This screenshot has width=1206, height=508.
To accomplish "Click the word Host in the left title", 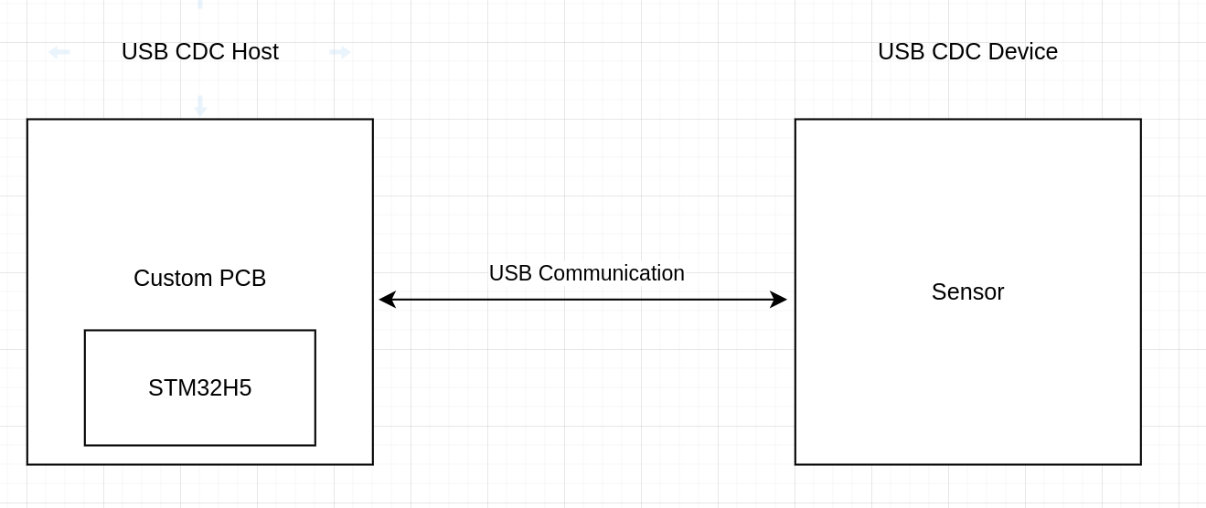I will pyautogui.click(x=255, y=52).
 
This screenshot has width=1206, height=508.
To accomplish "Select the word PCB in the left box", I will pyautogui.click(x=243, y=279).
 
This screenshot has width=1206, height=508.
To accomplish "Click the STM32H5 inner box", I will pyautogui.click(x=200, y=388).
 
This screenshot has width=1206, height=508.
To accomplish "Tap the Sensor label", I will pyautogui.click(x=967, y=292).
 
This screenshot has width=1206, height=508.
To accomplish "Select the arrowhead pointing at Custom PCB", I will pyautogui.click(x=387, y=300).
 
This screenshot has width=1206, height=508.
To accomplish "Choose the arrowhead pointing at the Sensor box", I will pyautogui.click(x=778, y=300).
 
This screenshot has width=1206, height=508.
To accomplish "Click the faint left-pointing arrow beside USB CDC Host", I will pyautogui.click(x=59, y=52).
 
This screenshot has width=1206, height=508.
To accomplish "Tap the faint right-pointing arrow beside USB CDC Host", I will pyautogui.click(x=340, y=52).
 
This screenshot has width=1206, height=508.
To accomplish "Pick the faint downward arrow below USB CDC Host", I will pyautogui.click(x=200, y=106).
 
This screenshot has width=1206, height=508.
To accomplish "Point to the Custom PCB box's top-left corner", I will pyautogui.click(x=27, y=120).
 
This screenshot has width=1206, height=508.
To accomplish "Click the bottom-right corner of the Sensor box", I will pyautogui.click(x=1141, y=464).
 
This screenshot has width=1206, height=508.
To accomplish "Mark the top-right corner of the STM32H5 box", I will pyautogui.click(x=315, y=331).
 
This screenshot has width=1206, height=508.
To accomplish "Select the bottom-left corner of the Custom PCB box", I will pyautogui.click(x=27, y=464).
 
